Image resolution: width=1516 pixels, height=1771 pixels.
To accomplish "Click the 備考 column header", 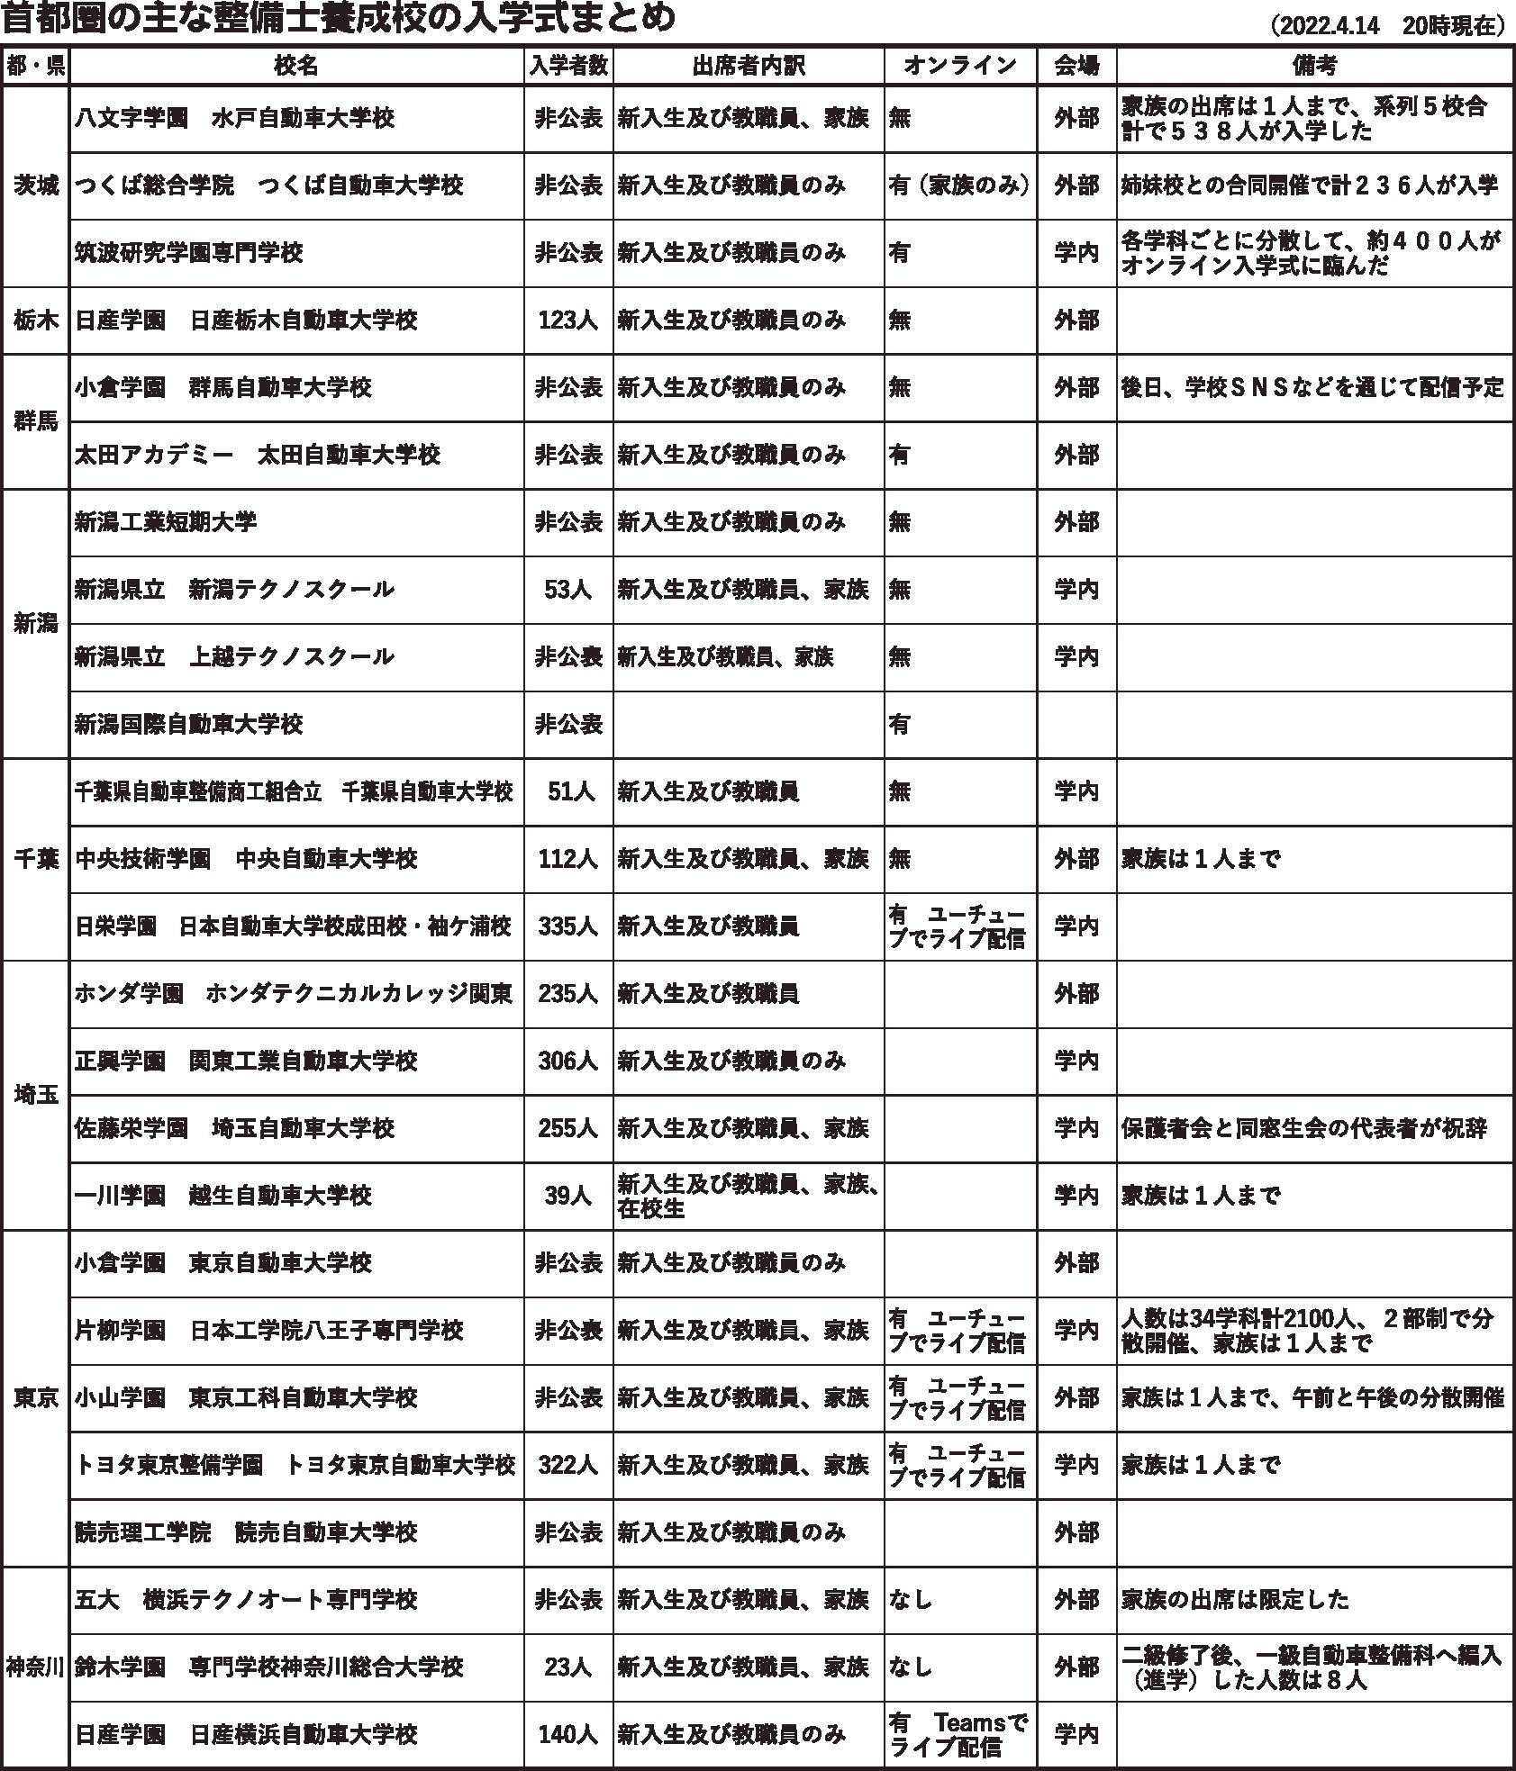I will [1313, 66].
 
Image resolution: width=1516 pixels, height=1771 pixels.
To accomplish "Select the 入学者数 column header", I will [568, 66].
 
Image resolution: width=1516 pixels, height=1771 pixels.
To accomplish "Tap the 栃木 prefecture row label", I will [36, 321].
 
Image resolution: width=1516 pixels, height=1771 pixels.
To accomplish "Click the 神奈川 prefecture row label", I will [36, 1667].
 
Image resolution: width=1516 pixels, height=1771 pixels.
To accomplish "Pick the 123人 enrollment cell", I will [568, 321].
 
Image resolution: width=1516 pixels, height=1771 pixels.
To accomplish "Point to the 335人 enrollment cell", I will [568, 926].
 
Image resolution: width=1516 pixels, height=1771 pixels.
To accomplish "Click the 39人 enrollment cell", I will [568, 1196].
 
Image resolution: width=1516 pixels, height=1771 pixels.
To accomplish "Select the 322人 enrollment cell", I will [568, 1465].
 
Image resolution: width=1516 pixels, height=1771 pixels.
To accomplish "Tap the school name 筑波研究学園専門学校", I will [189, 253].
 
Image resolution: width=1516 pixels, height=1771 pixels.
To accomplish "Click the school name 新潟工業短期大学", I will [166, 522].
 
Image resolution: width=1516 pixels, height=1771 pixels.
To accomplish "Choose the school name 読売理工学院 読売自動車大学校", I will [246, 1532].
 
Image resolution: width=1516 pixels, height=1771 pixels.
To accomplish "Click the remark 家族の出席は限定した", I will [1236, 1600].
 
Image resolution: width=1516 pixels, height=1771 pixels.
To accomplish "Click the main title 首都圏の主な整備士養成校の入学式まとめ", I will [340, 18].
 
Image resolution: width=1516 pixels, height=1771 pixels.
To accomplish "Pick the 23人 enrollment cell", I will [568, 1667].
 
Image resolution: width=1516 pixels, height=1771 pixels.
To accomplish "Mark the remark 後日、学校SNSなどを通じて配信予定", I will [1312, 388].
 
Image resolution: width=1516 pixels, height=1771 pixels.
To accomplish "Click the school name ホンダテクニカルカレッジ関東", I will [359, 994].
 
